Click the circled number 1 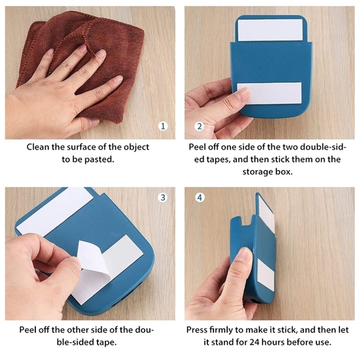point(163,126)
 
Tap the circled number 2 point(199,126)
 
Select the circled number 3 point(163,197)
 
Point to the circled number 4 point(200,197)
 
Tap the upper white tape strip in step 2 point(270,30)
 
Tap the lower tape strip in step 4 point(266,273)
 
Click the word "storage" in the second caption point(258,172)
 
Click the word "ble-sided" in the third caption point(75,343)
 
